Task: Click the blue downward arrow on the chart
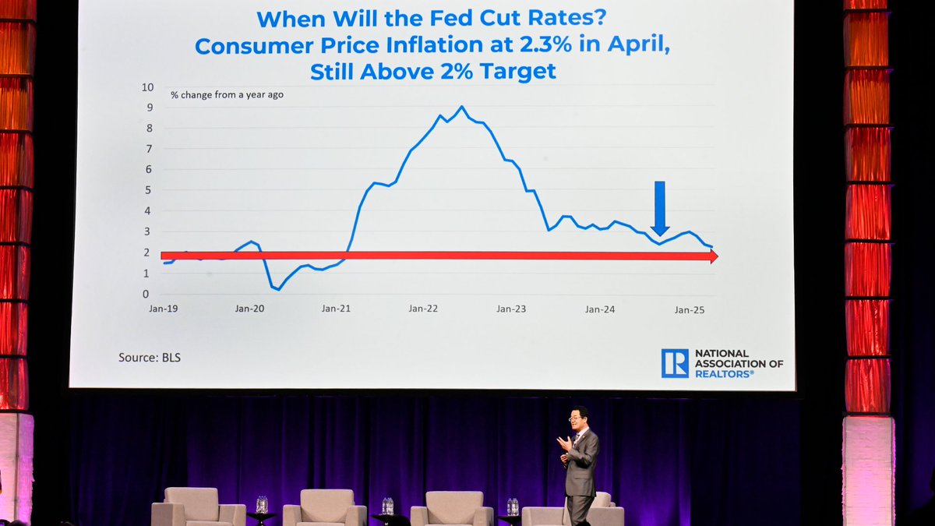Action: (660, 207)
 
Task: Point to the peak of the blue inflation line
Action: (461, 108)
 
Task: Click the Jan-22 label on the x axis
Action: (423, 309)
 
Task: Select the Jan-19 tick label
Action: (163, 309)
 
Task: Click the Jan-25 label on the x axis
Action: (689, 310)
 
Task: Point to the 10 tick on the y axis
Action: (148, 87)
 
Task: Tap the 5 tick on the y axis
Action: (146, 190)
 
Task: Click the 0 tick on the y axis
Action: (146, 295)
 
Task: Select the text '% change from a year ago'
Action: (227, 95)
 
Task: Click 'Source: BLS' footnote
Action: (150, 358)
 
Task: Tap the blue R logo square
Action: (675, 363)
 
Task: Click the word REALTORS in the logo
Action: (725, 374)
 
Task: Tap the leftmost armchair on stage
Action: (197, 507)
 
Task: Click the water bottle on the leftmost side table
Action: (262, 504)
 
